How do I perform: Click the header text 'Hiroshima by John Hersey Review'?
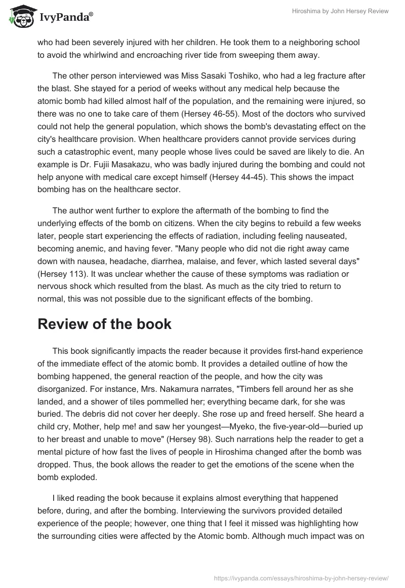pyautogui.click(x=336, y=12)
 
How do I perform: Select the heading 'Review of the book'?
pyautogui.click(x=104, y=324)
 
